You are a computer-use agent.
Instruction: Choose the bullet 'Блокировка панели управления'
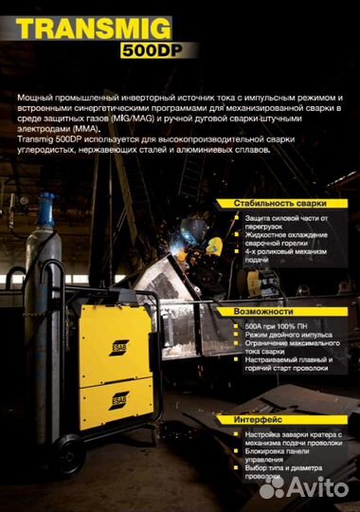point(276,456)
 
